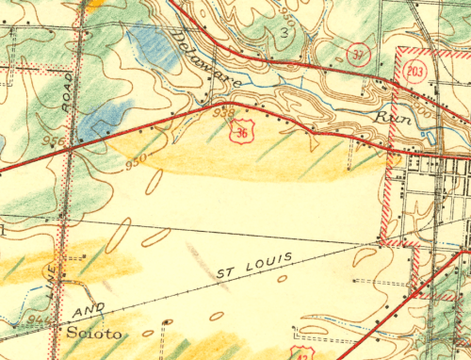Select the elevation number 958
[223, 114]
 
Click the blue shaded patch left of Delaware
[151, 42]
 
